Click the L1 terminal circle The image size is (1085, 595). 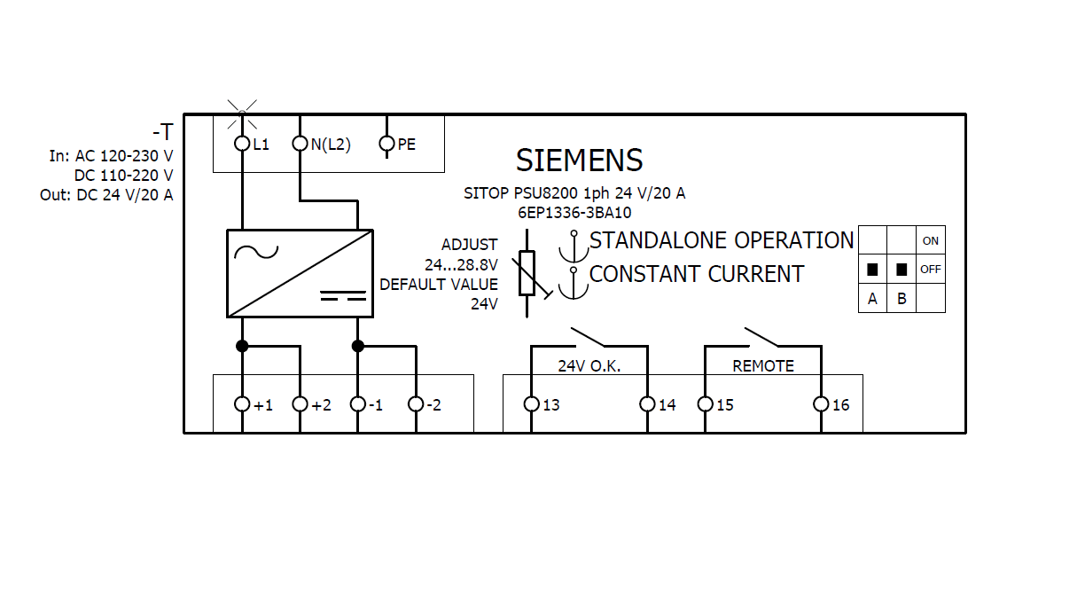(x=242, y=144)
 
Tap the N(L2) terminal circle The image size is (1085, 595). (x=301, y=144)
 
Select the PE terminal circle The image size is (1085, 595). (x=386, y=144)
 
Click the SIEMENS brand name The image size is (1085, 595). (x=579, y=160)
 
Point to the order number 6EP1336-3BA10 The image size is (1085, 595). (x=574, y=213)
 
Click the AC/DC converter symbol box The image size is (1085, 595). (x=300, y=273)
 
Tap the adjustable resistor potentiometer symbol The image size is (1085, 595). (x=527, y=273)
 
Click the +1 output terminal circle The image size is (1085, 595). (x=242, y=404)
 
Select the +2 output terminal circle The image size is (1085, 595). (x=301, y=404)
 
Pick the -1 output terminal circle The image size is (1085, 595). (x=358, y=404)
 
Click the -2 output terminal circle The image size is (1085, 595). (x=416, y=404)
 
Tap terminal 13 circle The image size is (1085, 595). (x=531, y=404)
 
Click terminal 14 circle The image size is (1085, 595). (x=647, y=404)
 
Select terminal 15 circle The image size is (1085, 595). (x=706, y=404)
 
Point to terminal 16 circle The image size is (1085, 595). (x=821, y=404)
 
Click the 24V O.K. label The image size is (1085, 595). (x=589, y=365)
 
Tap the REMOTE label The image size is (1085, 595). (x=762, y=365)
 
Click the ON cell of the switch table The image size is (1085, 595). (x=930, y=240)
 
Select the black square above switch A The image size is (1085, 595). (x=872, y=269)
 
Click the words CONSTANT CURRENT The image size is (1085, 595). (x=696, y=275)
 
